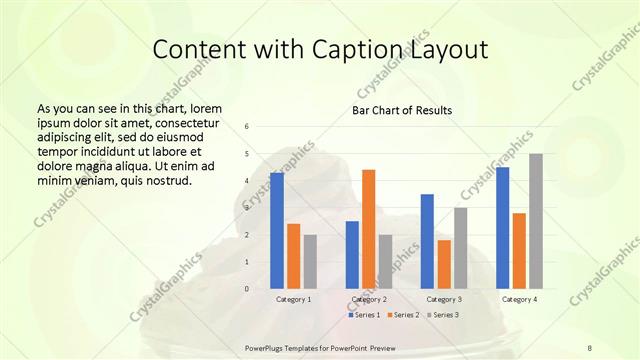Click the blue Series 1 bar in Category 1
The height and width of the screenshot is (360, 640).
pos(277,231)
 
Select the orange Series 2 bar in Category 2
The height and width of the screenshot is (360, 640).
pos(368,229)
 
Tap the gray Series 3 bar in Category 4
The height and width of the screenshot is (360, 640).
pos(536,221)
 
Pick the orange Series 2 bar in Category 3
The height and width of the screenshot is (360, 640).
pos(444,264)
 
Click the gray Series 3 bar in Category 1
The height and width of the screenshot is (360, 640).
pos(310,262)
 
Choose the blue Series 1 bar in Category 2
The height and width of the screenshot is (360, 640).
pos(352,255)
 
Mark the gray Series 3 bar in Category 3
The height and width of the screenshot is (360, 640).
pos(461,248)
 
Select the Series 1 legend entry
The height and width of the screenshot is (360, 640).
pos(364,315)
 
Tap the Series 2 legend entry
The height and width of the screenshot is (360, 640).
pos(403,315)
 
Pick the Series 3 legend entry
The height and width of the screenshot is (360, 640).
pos(443,315)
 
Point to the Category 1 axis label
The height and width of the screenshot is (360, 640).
pos(294,299)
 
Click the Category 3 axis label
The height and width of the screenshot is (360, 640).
pos(444,299)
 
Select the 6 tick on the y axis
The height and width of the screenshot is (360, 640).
pos(247,126)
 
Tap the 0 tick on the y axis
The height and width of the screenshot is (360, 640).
pos(247,289)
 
